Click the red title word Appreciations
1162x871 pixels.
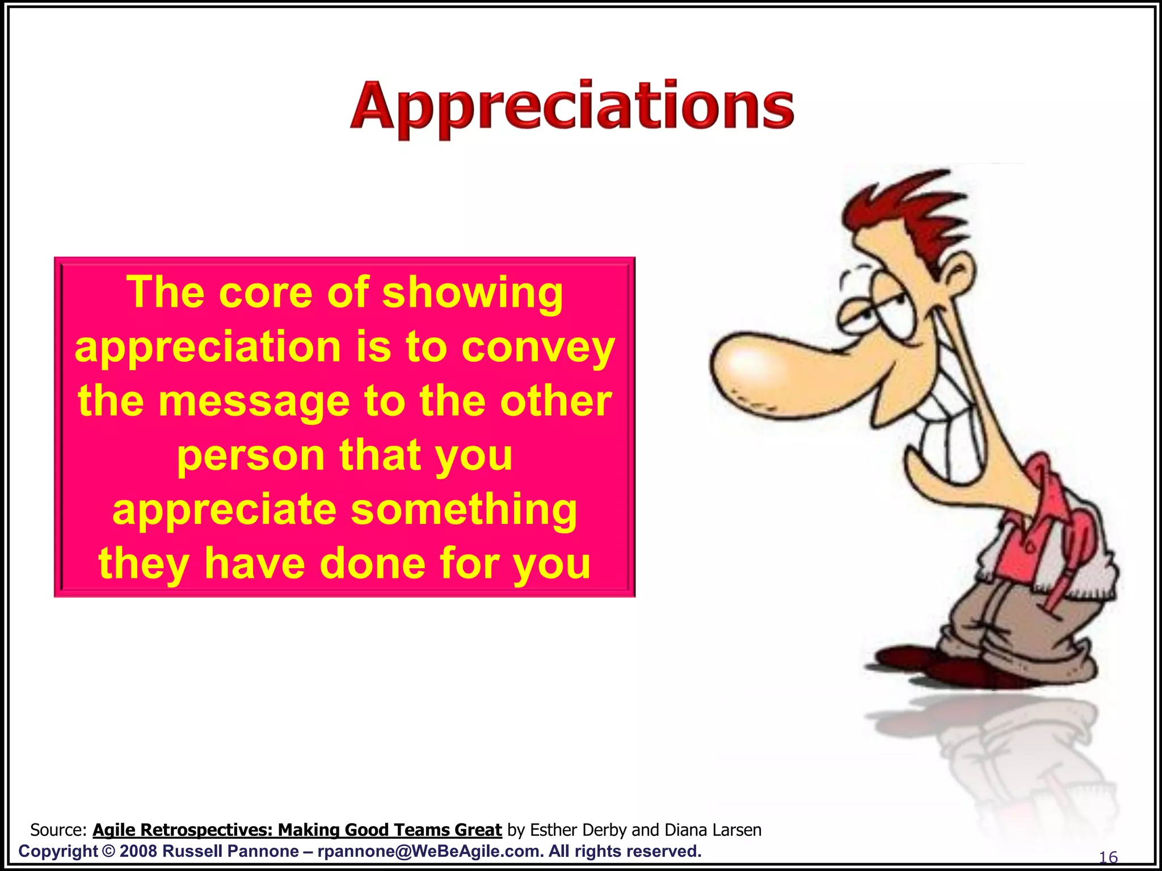pos(572,108)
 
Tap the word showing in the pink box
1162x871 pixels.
pos(472,293)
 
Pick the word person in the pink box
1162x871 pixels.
pos(250,455)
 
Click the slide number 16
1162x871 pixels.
pos(1108,857)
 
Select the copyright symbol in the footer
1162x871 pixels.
pos(108,851)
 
